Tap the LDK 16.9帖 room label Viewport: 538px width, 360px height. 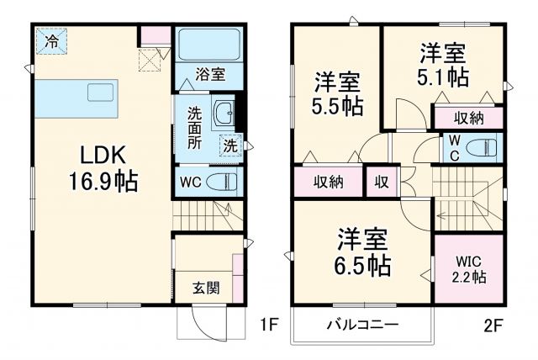pyautogui.click(x=103, y=167)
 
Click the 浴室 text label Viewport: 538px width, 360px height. pyautogui.click(x=210, y=75)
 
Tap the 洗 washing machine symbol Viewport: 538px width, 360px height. pyautogui.click(x=229, y=145)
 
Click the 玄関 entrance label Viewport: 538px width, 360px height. pyautogui.click(x=206, y=288)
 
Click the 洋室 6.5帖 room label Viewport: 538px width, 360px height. pyautogui.click(x=363, y=252)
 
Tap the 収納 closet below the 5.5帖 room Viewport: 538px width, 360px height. pyautogui.click(x=328, y=181)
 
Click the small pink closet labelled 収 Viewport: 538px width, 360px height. pyautogui.click(x=381, y=181)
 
